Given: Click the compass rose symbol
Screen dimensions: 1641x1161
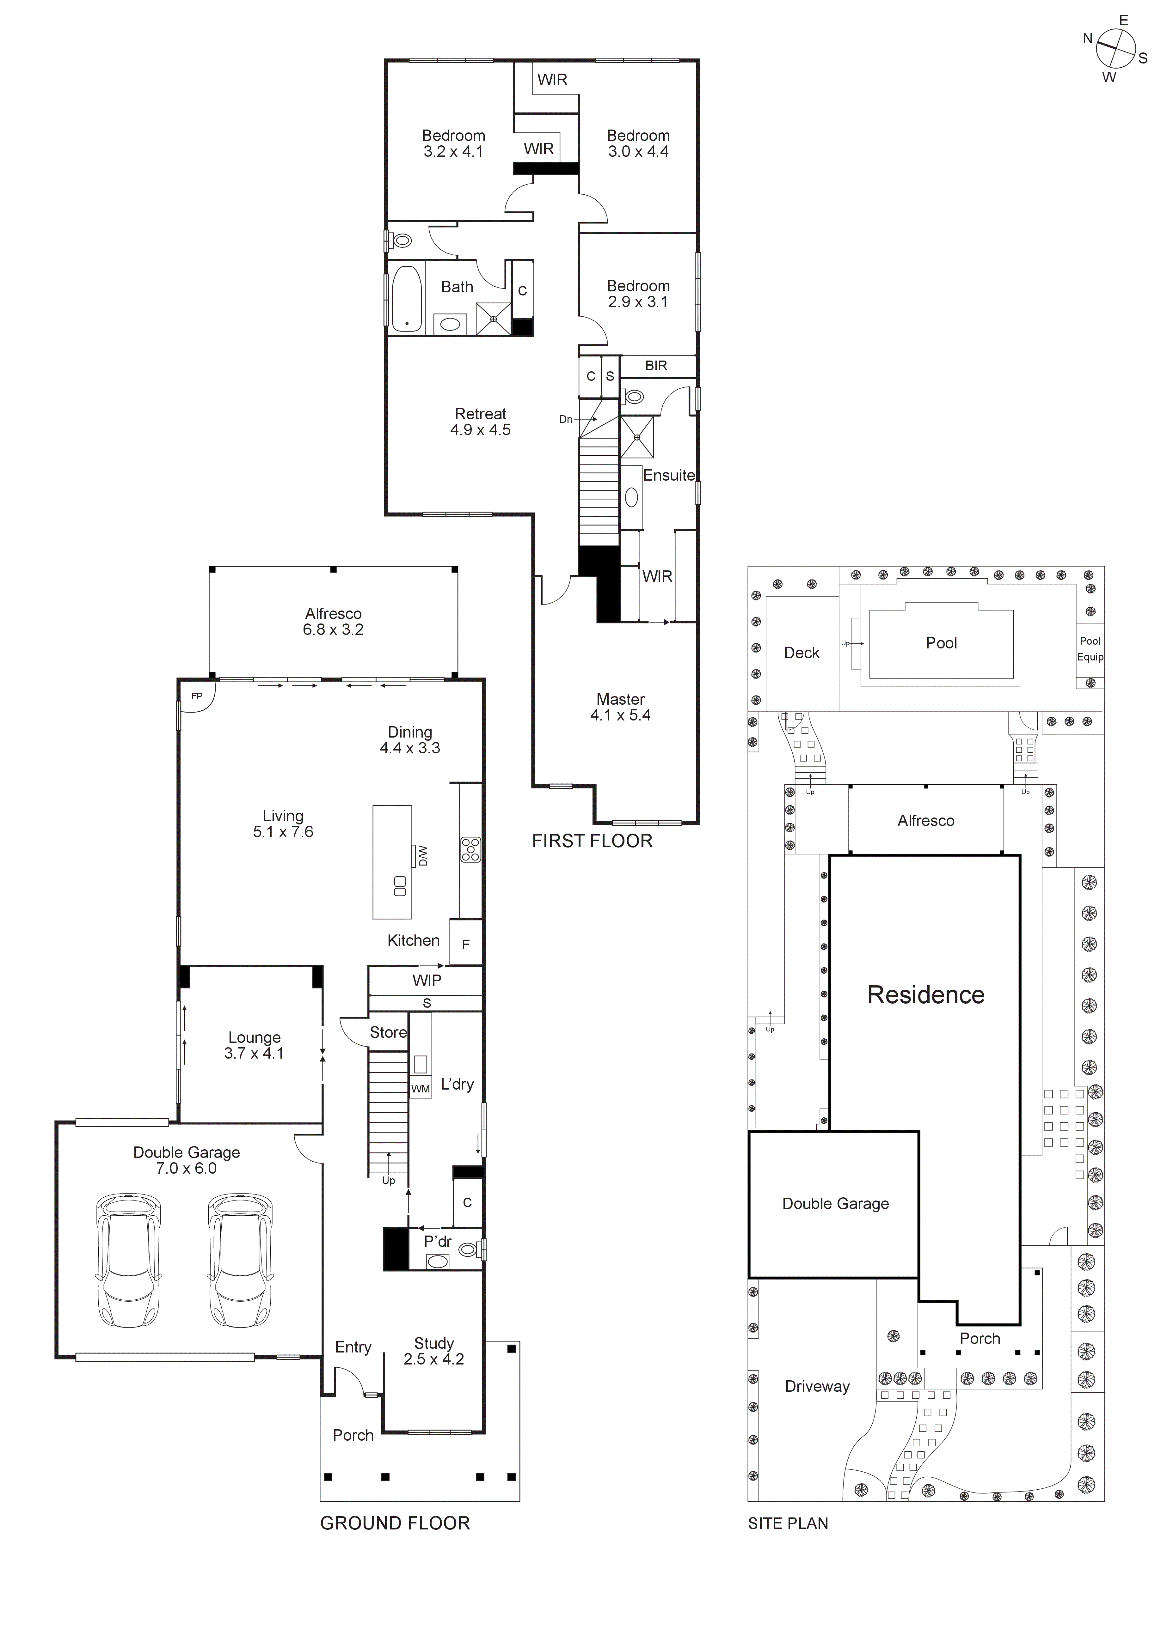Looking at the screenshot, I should [1115, 49].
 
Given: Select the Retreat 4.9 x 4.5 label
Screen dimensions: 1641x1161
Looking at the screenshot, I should [480, 422].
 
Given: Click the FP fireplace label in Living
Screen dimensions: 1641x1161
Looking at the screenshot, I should [197, 696].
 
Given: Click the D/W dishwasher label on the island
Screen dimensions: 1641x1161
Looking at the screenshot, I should [422, 855].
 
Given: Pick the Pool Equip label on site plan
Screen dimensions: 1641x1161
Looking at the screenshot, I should [1090, 649].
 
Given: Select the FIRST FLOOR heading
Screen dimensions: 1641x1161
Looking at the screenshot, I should [592, 841].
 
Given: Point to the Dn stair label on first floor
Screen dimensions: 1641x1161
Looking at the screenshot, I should [566, 420].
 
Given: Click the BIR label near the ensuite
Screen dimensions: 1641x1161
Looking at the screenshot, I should [655, 366].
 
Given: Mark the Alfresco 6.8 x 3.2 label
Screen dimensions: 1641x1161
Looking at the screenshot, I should [333, 621].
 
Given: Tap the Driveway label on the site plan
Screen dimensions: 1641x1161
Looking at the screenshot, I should [817, 1387].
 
